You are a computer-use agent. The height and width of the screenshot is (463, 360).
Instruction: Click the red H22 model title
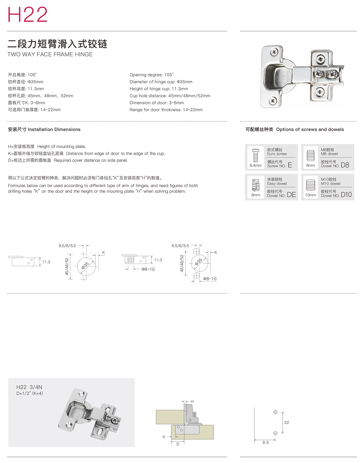[x=27, y=15]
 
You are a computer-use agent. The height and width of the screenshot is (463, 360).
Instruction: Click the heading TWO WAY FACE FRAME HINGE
[x=50, y=55]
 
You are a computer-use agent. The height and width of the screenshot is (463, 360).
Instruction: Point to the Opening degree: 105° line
[x=151, y=75]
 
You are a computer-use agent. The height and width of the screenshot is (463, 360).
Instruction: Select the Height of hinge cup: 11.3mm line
[x=159, y=89]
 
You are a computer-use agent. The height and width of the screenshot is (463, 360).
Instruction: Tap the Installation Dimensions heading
[x=54, y=130]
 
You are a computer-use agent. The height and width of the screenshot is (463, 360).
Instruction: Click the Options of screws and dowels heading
[x=310, y=130]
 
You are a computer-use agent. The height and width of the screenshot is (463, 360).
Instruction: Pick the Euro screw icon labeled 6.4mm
[x=255, y=156]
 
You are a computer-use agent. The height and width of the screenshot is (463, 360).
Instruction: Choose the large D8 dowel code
[x=345, y=165]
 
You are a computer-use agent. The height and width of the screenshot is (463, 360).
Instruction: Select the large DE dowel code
[x=291, y=195]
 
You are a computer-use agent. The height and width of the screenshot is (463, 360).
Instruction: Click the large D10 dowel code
[x=346, y=195]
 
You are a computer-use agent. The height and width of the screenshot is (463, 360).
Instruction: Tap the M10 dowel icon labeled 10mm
[x=310, y=185]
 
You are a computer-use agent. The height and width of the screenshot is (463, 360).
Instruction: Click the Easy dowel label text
[x=277, y=184]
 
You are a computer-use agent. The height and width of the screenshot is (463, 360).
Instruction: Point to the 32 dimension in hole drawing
[x=287, y=423]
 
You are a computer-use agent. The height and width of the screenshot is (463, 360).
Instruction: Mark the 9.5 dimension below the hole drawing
[x=266, y=443]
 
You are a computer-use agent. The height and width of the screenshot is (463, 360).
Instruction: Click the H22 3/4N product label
[x=29, y=387]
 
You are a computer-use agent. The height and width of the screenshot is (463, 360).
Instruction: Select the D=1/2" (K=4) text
[x=30, y=394]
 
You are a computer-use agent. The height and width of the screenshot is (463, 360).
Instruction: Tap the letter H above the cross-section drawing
[x=192, y=402]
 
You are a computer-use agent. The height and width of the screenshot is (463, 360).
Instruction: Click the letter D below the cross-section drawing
[x=178, y=444]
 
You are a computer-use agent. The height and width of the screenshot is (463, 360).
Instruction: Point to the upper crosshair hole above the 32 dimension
[x=275, y=412]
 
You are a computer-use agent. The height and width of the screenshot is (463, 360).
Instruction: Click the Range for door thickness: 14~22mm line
[x=166, y=110]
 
